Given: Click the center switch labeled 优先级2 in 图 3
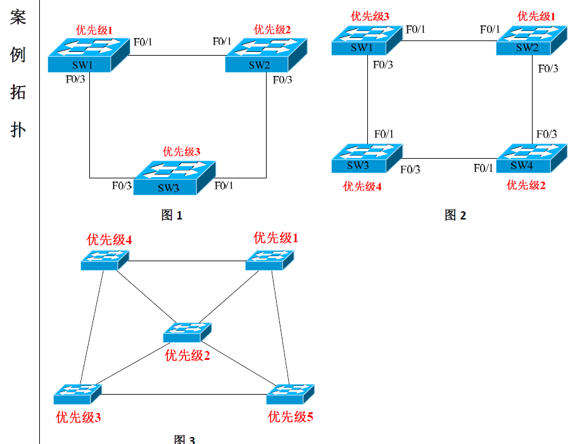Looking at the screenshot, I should pyautogui.click(x=187, y=331).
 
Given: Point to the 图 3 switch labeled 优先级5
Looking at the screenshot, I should pyautogui.click(x=291, y=393).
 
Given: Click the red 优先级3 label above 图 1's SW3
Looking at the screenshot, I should pyautogui.click(x=182, y=152).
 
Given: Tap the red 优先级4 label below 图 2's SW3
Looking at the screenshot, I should pyautogui.click(x=362, y=186).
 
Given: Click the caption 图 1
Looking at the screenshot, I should pyautogui.click(x=172, y=216).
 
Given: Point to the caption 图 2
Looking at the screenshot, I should pyautogui.click(x=455, y=216).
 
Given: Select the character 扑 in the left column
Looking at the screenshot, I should pyautogui.click(x=18, y=130).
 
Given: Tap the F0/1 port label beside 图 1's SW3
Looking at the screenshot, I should pyautogui.click(x=224, y=185).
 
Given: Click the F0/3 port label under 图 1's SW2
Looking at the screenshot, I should pyautogui.click(x=282, y=80).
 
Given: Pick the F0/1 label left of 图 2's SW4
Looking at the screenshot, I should pyautogui.click(x=483, y=168).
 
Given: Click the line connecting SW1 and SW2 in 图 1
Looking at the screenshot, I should pyautogui.click(x=176, y=55).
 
